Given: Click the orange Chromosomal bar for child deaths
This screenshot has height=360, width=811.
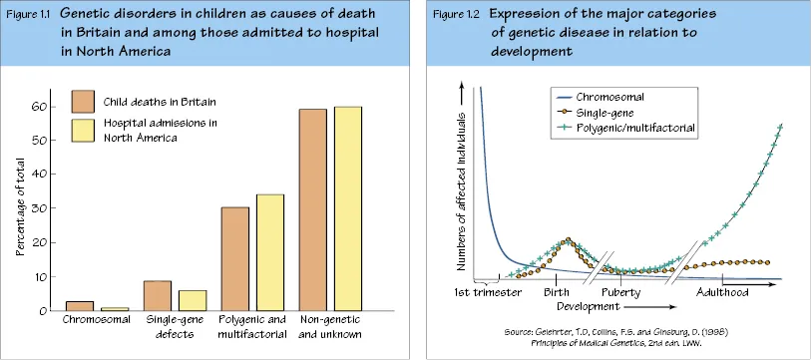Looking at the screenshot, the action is tap(80, 306).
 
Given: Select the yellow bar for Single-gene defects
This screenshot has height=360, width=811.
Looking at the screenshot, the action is tap(193, 300).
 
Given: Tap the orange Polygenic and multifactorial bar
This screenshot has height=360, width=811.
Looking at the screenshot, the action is tap(234, 259).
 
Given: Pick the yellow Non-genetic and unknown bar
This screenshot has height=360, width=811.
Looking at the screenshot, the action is tap(347, 209).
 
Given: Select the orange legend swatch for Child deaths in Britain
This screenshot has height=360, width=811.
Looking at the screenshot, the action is tap(83, 102).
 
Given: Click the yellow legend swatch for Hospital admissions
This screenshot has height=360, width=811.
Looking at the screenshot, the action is tap(83, 131).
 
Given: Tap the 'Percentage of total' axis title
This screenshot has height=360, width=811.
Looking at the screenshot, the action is tap(20, 206).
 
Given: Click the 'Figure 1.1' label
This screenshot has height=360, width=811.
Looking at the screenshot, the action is tap(28, 13).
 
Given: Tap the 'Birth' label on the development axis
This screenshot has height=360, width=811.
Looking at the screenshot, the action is tap(557, 293).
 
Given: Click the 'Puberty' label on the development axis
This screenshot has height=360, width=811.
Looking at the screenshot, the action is tap(620, 293).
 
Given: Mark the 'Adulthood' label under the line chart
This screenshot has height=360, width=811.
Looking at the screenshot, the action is tap(722, 293).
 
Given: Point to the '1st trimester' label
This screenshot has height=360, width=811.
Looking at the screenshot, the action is tap(488, 293).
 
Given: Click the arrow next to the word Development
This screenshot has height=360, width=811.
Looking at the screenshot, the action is tap(651, 307).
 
